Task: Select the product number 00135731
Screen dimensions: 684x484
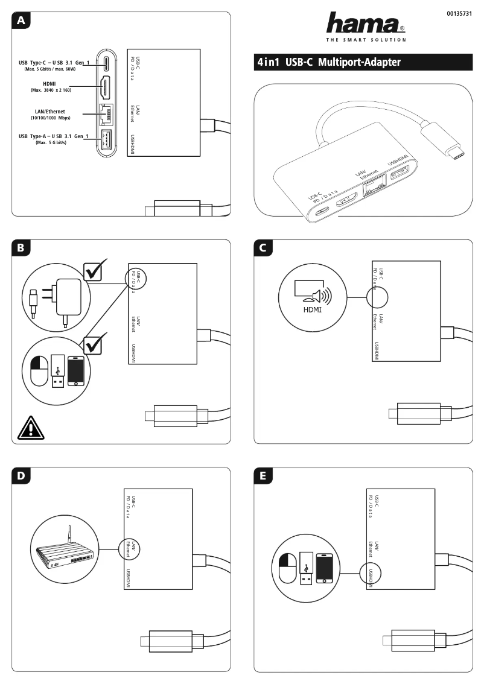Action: pos(459,13)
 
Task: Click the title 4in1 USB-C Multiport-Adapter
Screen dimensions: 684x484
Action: pos(329,62)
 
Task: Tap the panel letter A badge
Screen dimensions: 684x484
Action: pos(22,21)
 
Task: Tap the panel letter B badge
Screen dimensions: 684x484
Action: pos(22,248)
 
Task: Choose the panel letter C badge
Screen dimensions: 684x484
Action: pos(263,248)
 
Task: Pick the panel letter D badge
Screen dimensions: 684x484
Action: pos(22,476)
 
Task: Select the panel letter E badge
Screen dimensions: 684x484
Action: pos(263,476)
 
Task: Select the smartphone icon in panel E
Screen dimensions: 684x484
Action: pos(325,567)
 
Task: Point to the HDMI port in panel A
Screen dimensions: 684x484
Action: pos(105,88)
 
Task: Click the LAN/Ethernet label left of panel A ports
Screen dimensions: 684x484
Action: pos(49,115)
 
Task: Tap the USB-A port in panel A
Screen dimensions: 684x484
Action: pos(106,141)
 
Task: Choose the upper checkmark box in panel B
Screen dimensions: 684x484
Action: pos(95,271)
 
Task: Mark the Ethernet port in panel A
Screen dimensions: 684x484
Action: pos(106,115)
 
